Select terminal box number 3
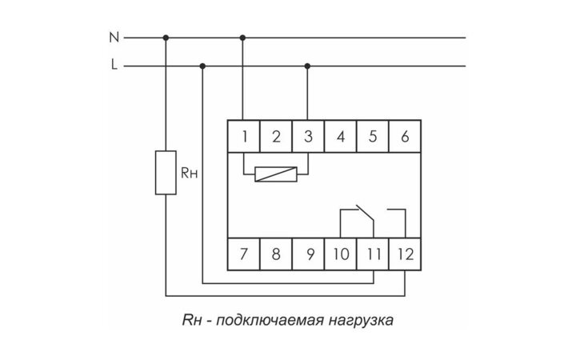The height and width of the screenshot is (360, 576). click(308, 136)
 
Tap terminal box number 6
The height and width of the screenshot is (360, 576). click(405, 136)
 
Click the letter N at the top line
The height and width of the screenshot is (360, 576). click(114, 37)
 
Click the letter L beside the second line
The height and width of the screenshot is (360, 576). click(114, 66)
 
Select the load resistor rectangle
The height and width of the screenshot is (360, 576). click(166, 171)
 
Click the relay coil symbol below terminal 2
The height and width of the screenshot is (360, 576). click(275, 172)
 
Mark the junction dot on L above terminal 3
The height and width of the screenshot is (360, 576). click(308, 66)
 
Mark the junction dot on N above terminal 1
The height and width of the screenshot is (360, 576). click(242, 37)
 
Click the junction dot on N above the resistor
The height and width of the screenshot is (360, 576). click(166, 37)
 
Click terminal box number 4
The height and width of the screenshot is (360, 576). click(340, 136)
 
